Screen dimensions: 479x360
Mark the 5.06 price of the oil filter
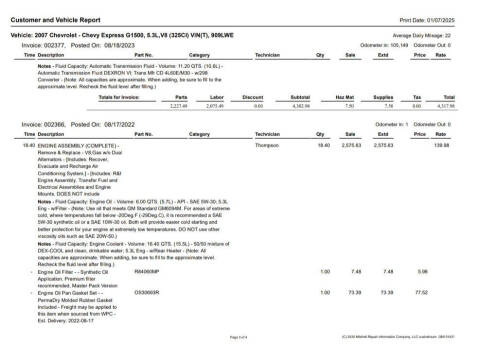point(421,298)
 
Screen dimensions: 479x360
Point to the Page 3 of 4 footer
point(236,339)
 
